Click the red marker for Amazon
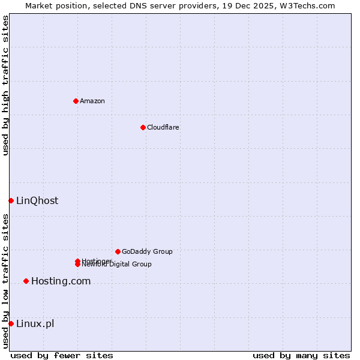(x=76, y=101)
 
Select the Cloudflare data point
(x=143, y=127)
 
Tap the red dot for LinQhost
(x=11, y=200)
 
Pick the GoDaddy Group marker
(x=118, y=251)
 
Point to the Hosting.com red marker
(x=26, y=281)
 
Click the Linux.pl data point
(x=11, y=324)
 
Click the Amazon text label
(x=92, y=101)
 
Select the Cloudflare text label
(x=163, y=127)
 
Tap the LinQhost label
(x=37, y=200)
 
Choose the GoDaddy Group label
(x=147, y=251)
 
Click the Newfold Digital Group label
(x=118, y=265)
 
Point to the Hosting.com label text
(x=61, y=281)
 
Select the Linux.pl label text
(x=35, y=324)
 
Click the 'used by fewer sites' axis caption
(x=62, y=355)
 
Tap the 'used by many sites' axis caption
(x=301, y=355)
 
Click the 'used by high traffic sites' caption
(x=5, y=85)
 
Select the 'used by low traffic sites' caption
(x=5, y=281)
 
